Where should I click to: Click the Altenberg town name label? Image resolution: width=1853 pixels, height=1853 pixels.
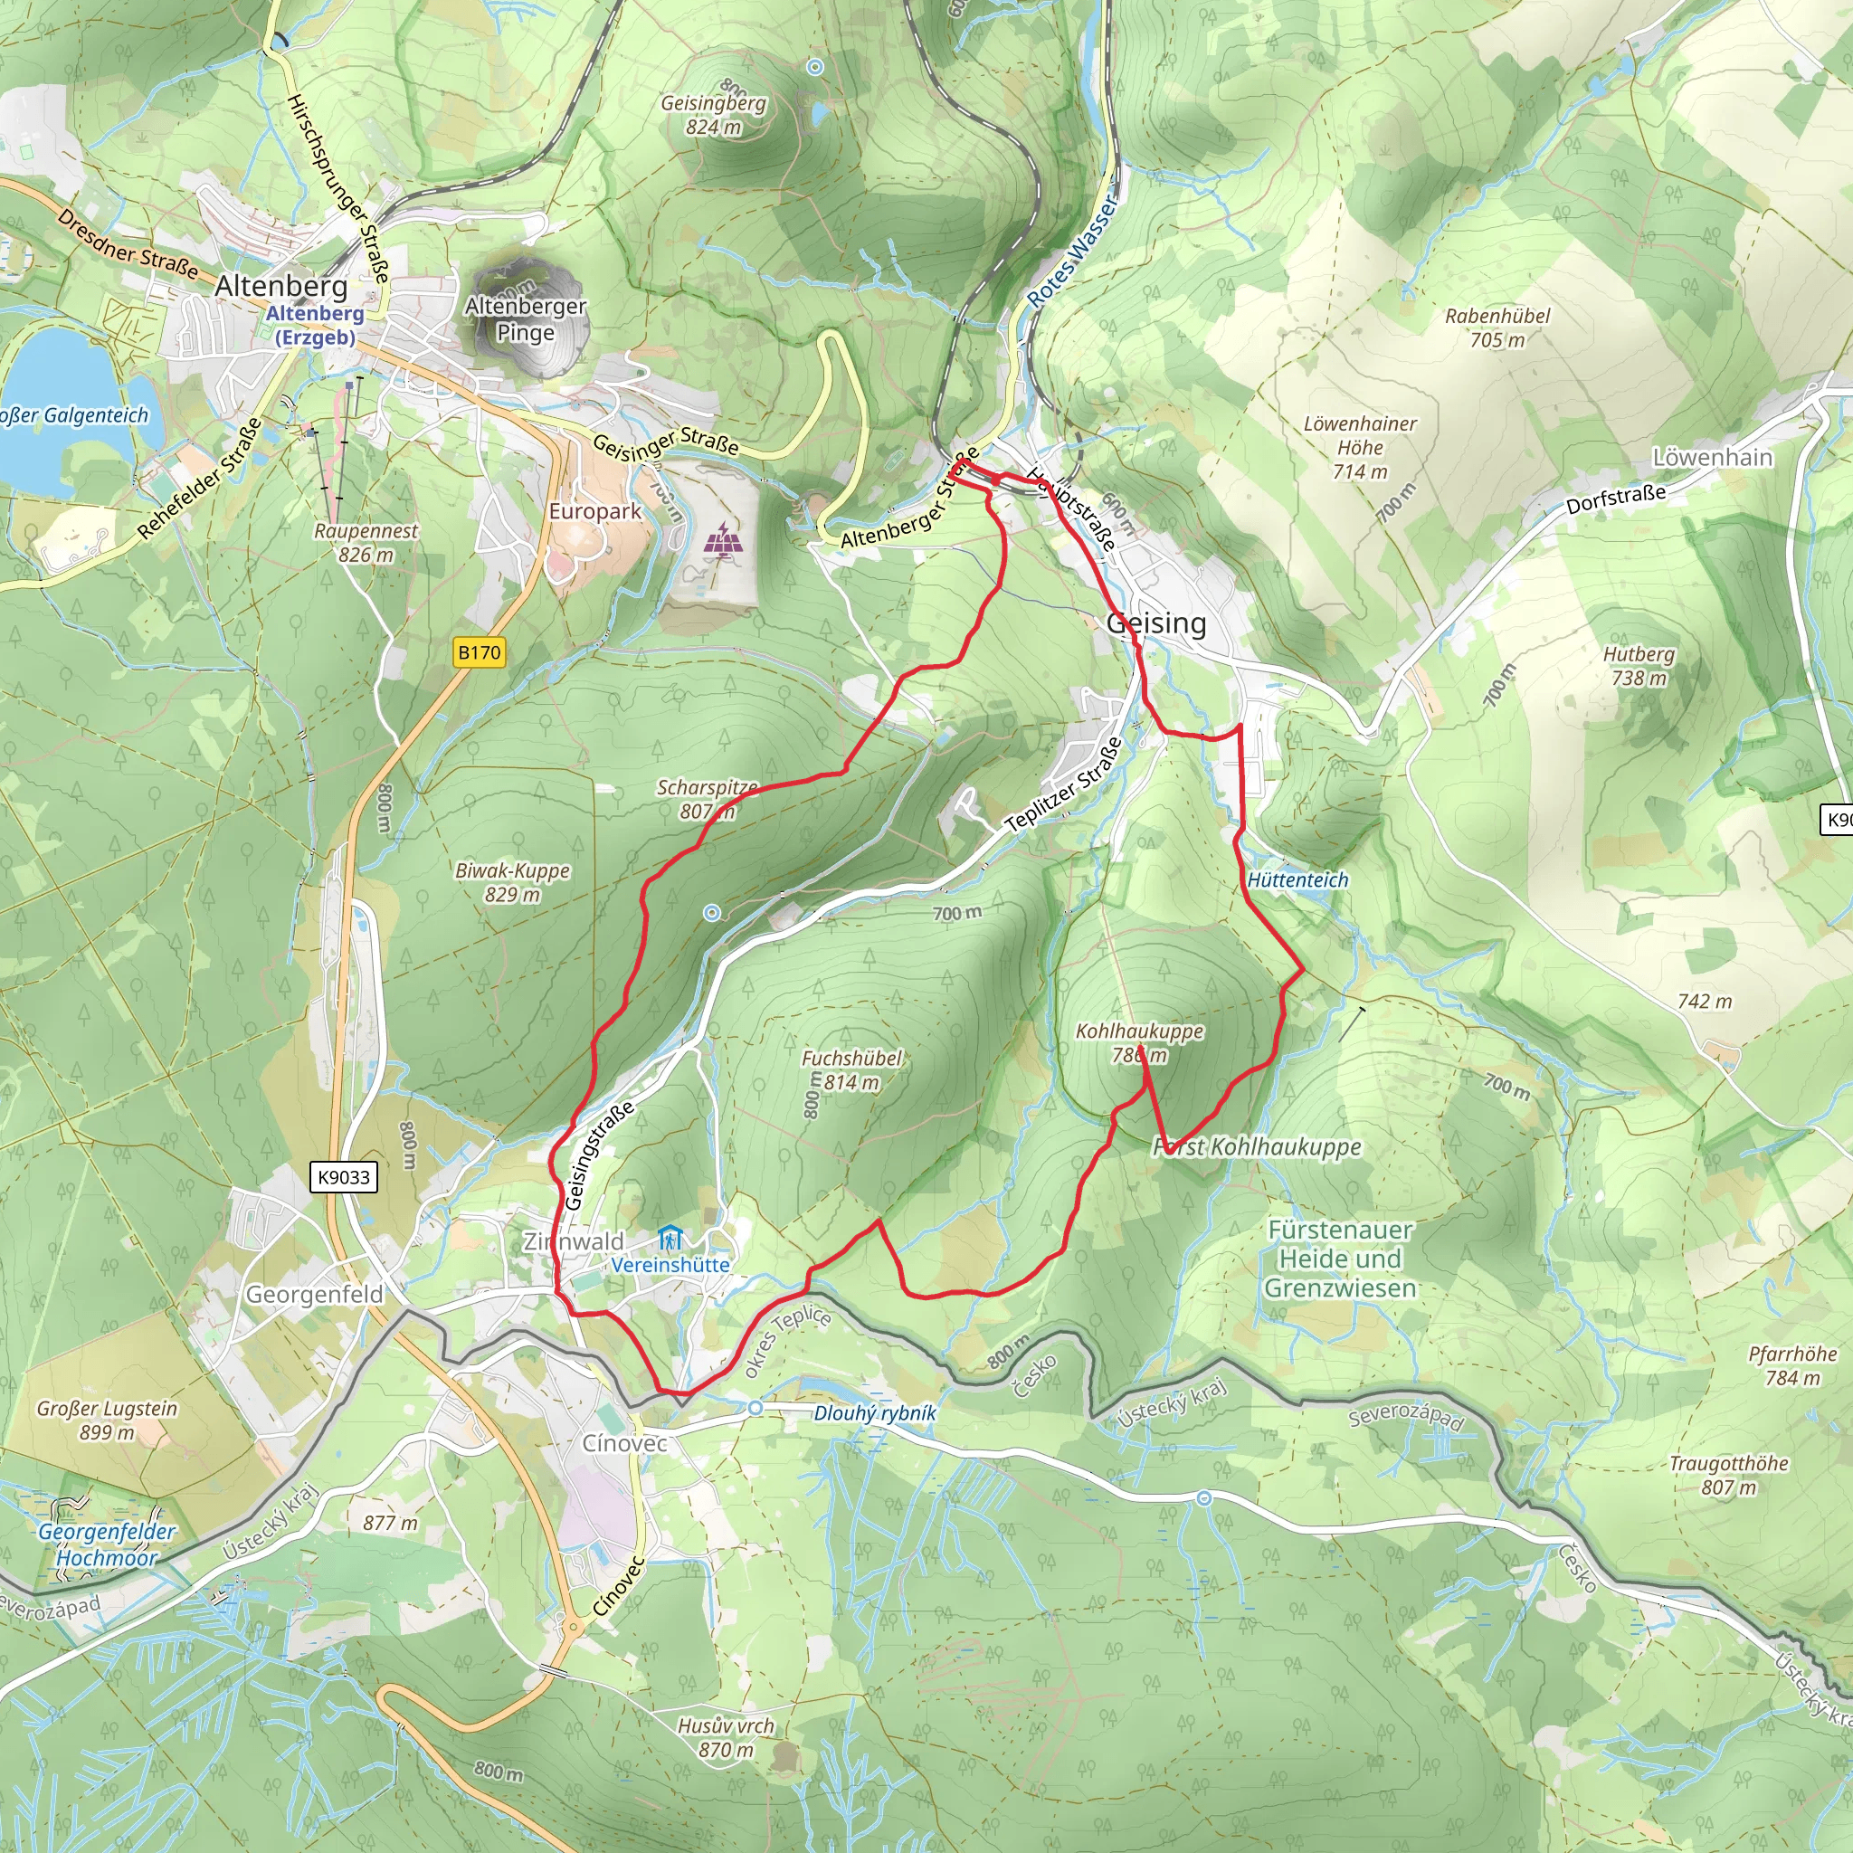[281, 286]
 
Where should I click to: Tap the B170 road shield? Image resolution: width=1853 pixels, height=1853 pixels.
[479, 653]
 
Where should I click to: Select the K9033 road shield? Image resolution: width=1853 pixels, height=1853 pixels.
[343, 1177]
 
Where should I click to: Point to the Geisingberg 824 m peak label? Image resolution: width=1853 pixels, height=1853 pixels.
[714, 114]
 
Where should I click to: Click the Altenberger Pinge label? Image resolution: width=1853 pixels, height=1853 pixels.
[525, 318]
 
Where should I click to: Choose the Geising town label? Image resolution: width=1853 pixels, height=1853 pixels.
[1155, 623]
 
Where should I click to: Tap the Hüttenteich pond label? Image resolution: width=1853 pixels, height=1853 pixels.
[1297, 879]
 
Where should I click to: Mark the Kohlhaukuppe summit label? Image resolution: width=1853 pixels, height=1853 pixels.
[1139, 1042]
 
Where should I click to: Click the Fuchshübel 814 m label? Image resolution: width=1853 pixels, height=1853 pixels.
[851, 1069]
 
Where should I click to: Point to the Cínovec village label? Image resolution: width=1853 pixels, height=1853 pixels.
[624, 1442]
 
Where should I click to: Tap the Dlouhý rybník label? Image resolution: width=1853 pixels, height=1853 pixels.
[874, 1412]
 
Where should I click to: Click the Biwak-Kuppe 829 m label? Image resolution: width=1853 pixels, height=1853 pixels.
[512, 881]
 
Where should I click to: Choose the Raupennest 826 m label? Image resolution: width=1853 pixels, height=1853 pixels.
[366, 542]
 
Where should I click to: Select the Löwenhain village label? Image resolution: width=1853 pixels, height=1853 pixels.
[1712, 458]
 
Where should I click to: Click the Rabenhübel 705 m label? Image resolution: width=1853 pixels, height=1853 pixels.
[1497, 327]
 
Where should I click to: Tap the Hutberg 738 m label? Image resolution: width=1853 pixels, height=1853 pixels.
[1639, 666]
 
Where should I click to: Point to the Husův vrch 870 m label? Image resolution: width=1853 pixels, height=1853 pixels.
[725, 1737]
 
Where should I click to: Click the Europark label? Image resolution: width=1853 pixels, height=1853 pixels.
[594, 511]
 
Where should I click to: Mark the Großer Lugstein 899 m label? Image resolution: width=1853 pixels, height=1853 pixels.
[107, 1420]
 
